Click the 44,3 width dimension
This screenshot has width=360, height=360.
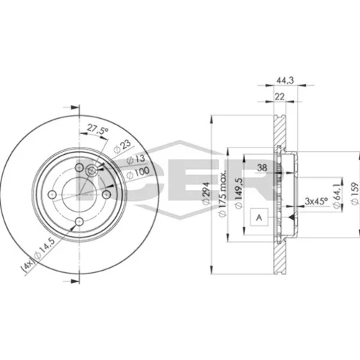(285, 80)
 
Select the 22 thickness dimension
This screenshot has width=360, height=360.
(279, 96)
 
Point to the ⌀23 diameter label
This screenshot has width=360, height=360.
(122, 146)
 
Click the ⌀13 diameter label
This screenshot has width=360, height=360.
(136, 159)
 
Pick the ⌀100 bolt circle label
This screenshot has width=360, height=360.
(138, 173)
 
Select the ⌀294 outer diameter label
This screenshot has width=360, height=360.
(206, 193)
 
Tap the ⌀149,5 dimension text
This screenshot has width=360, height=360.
(238, 194)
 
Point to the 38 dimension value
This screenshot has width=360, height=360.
(262, 168)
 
